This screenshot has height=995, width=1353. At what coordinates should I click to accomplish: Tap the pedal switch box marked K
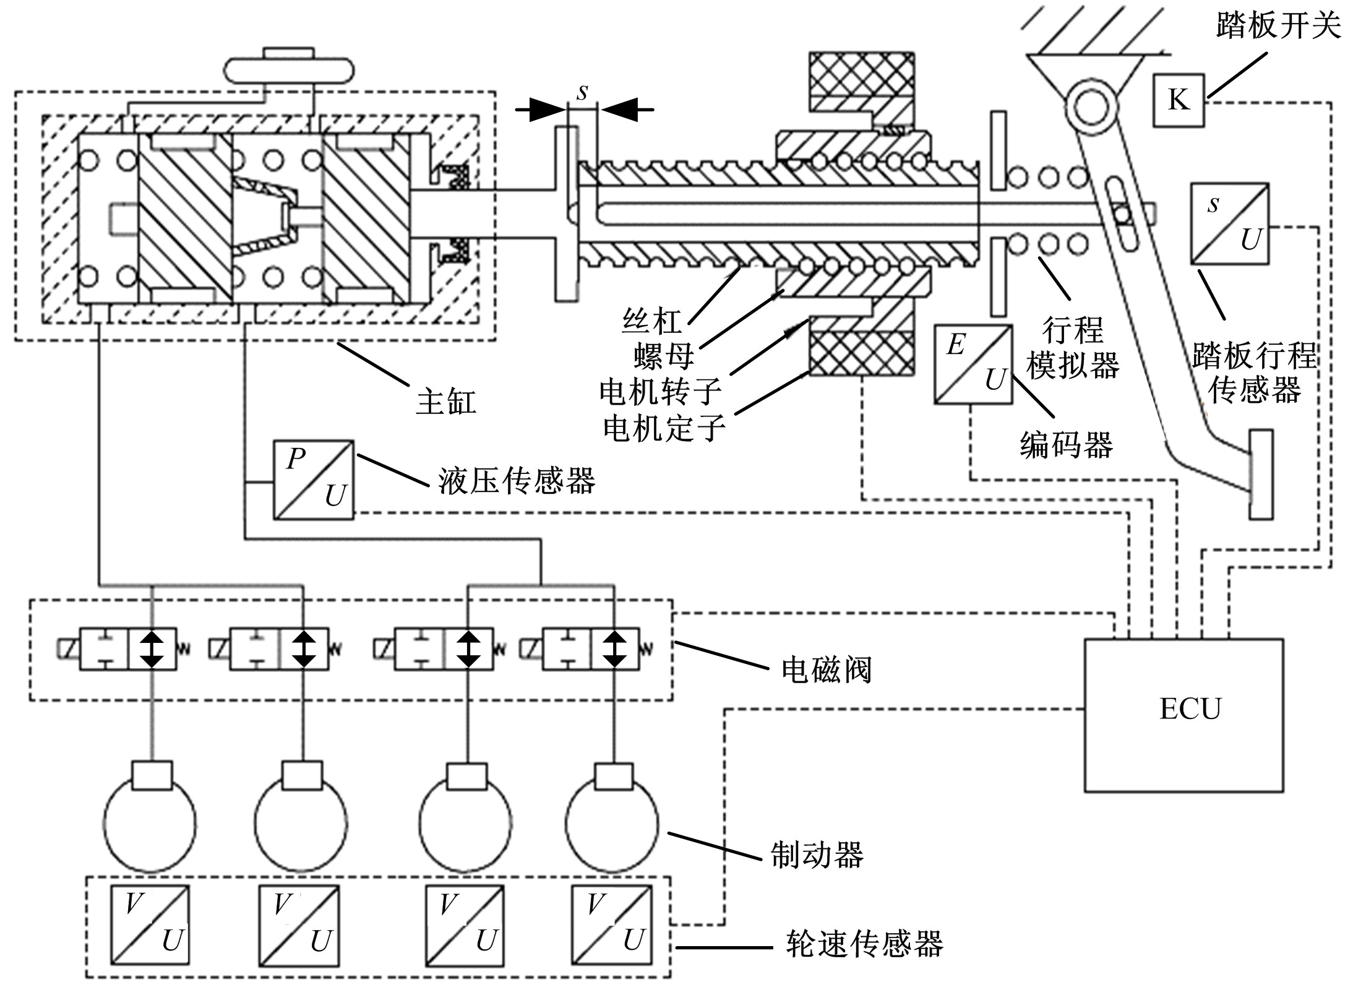pyautogui.click(x=1178, y=100)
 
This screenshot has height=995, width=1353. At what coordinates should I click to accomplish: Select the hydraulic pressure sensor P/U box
pyautogui.click(x=314, y=480)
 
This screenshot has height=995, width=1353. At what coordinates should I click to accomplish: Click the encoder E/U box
pyautogui.click(x=973, y=365)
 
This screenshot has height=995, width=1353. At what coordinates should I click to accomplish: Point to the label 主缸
pyautogui.click(x=446, y=401)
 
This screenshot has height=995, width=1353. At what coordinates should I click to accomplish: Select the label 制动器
pyautogui.click(x=817, y=855)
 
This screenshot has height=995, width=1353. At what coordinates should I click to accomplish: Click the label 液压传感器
pyautogui.click(x=517, y=481)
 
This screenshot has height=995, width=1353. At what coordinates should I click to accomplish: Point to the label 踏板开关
pyautogui.click(x=1278, y=26)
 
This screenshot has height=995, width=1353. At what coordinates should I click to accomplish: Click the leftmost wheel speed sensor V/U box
pyautogui.click(x=150, y=924)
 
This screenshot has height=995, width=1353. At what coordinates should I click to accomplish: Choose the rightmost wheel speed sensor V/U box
pyautogui.click(x=611, y=924)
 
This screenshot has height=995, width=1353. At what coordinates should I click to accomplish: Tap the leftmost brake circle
pyautogui.click(x=150, y=822)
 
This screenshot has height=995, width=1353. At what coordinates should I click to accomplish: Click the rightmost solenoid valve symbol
pyautogui.click(x=590, y=648)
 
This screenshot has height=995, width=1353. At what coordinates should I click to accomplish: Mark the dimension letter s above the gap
pyautogui.click(x=582, y=93)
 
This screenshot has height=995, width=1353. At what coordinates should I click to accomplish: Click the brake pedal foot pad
pyautogui.click(x=1261, y=474)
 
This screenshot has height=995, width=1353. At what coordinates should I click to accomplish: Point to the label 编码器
pyautogui.click(x=1066, y=445)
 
